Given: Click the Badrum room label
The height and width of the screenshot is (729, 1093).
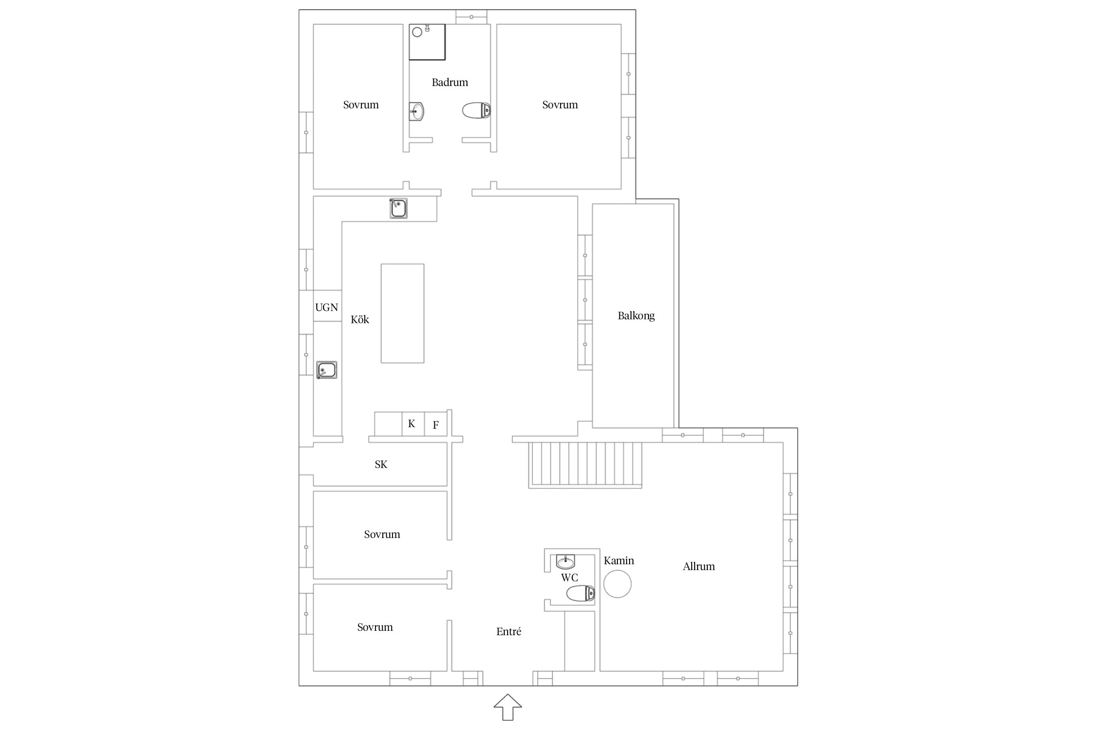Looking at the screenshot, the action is coord(450,83).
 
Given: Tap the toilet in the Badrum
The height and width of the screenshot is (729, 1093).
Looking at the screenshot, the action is coord(477,110).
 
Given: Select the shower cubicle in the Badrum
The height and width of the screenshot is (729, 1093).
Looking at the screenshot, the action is coord(427,42).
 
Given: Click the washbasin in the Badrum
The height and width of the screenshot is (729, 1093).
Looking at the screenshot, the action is coord(416,111).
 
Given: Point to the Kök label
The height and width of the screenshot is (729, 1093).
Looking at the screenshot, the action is coord(360,319).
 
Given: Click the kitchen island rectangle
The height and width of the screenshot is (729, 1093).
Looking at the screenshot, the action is coord(402,313).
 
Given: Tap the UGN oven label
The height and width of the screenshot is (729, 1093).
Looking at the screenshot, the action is coord(326,307).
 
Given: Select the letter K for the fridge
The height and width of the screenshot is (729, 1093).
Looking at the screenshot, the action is coord(411,424).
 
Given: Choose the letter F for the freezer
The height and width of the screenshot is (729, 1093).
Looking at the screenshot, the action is coord(436,425).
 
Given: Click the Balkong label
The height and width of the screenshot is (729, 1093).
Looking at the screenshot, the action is coord(636,316).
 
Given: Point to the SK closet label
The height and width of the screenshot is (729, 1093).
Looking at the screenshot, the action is coord(381,465).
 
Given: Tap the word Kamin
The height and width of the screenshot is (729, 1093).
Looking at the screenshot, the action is coord(619,560).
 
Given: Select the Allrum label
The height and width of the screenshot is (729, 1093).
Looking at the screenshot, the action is coord(699,566).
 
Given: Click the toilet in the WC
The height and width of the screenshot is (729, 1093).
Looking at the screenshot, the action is coord(581,593).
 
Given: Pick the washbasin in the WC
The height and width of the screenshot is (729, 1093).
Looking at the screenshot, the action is coord(565,561).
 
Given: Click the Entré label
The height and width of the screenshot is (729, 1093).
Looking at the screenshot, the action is coord(509,631).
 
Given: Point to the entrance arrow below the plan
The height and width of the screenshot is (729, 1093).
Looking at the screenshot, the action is coord(508,707).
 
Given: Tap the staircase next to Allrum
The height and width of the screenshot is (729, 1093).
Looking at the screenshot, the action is coord(585,465).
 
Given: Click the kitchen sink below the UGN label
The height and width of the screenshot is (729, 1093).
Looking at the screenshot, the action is coord(327,370).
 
